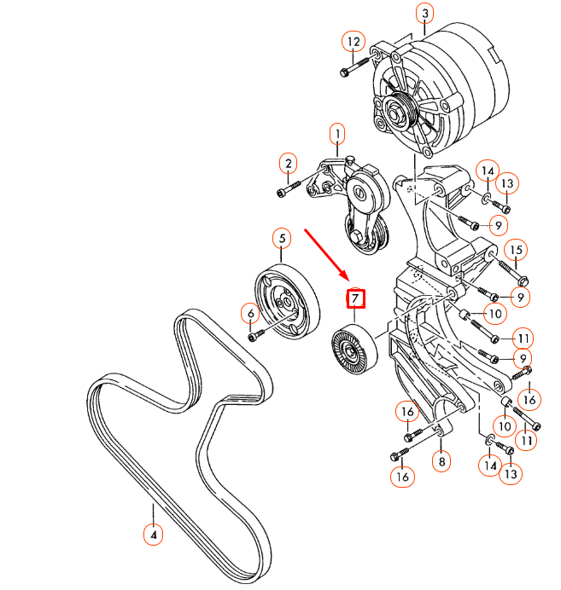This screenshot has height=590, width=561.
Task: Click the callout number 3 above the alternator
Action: click(x=424, y=13)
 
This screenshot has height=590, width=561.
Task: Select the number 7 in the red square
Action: click(x=354, y=299)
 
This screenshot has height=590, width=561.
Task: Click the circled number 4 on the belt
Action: click(x=153, y=535)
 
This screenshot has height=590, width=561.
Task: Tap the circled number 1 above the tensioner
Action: click(x=337, y=134)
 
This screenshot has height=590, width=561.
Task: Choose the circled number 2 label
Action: click(x=289, y=164)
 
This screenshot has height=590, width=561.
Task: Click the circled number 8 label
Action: click(x=441, y=463)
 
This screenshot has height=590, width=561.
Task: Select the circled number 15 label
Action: click(x=516, y=250)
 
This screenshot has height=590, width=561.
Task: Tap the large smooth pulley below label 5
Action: click(x=283, y=297)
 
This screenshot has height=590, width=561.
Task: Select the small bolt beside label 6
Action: click(x=256, y=336)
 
